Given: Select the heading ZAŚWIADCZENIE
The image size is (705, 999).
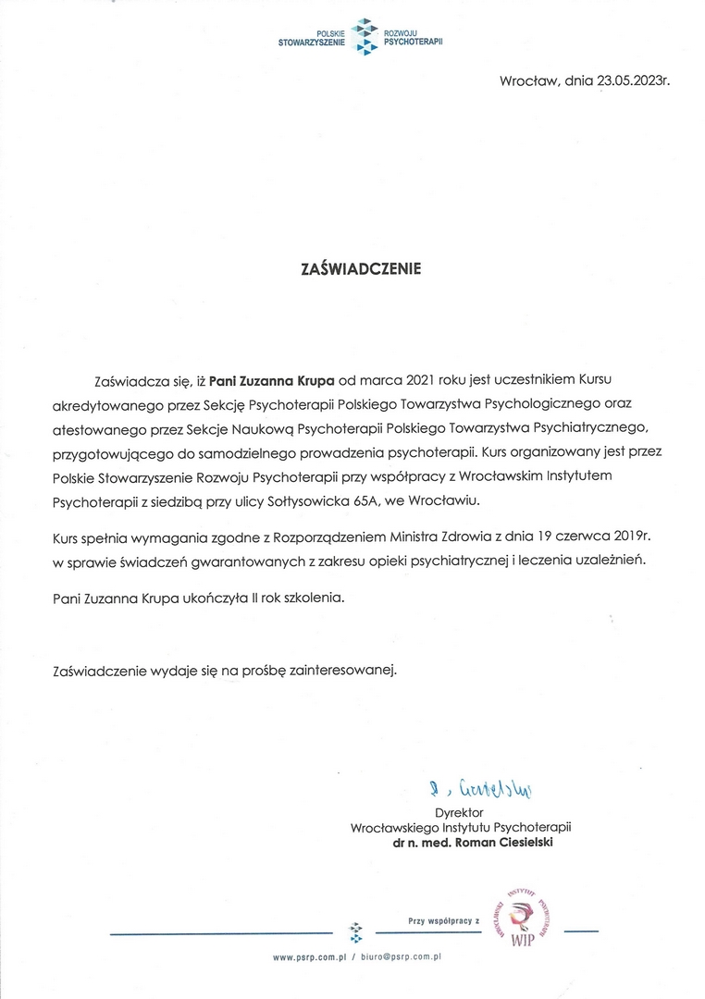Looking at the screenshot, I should (x=361, y=269).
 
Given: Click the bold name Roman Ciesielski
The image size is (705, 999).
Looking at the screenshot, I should (x=512, y=844).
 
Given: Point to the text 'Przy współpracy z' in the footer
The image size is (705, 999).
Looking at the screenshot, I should (x=445, y=920).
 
